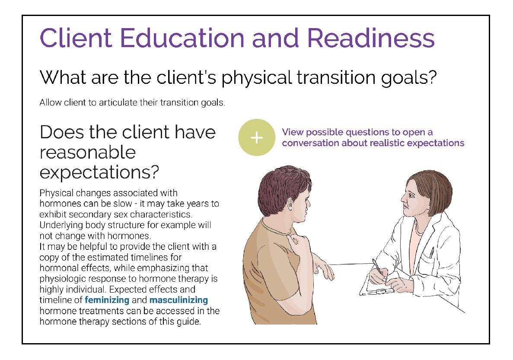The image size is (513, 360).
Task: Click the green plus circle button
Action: point(257,137)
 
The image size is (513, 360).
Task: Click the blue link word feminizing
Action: point(107,300)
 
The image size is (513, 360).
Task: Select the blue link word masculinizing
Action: point(178,300)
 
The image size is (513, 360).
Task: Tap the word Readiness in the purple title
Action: point(371,38)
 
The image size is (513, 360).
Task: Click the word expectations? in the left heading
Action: point(99,172)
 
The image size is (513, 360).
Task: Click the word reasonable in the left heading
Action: point(88,153)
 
